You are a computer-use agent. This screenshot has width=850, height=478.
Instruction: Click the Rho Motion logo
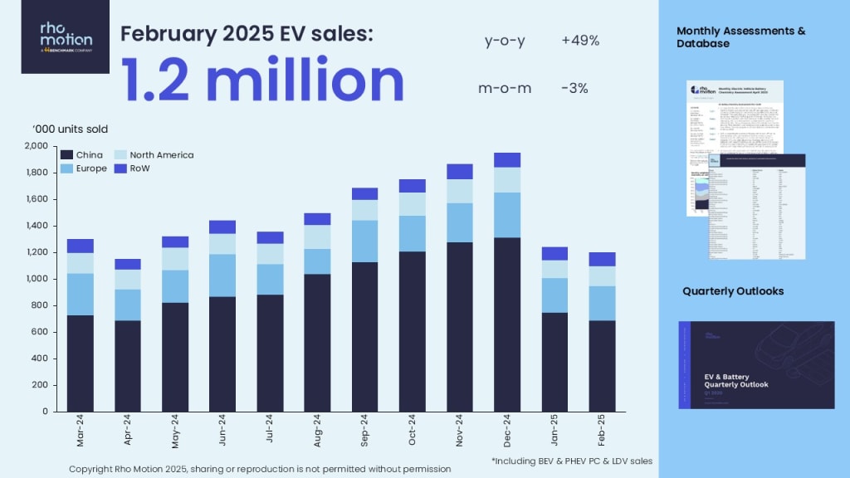point(66,37)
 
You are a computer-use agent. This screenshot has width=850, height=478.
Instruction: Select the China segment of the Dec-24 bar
point(507,324)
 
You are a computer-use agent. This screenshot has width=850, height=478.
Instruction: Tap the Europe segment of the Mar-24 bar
point(80,294)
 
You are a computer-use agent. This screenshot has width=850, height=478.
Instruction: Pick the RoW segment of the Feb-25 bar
point(602,259)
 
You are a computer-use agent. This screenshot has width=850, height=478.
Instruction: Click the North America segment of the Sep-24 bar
point(365,210)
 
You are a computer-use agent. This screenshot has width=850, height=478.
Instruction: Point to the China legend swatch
point(68,155)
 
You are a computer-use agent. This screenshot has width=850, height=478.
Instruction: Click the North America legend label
point(164,155)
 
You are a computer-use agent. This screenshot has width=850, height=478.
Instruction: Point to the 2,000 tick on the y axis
point(37,146)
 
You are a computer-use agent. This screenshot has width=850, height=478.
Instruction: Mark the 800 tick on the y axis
point(39,305)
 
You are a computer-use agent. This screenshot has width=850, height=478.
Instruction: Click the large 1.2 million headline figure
point(262,80)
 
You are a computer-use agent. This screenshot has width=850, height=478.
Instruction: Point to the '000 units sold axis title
point(71,129)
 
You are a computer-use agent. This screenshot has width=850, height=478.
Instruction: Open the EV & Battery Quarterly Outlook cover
point(756,365)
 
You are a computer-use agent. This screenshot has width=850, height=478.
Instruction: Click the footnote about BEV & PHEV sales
point(571,458)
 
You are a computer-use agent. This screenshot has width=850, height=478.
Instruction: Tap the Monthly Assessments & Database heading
point(741,37)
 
